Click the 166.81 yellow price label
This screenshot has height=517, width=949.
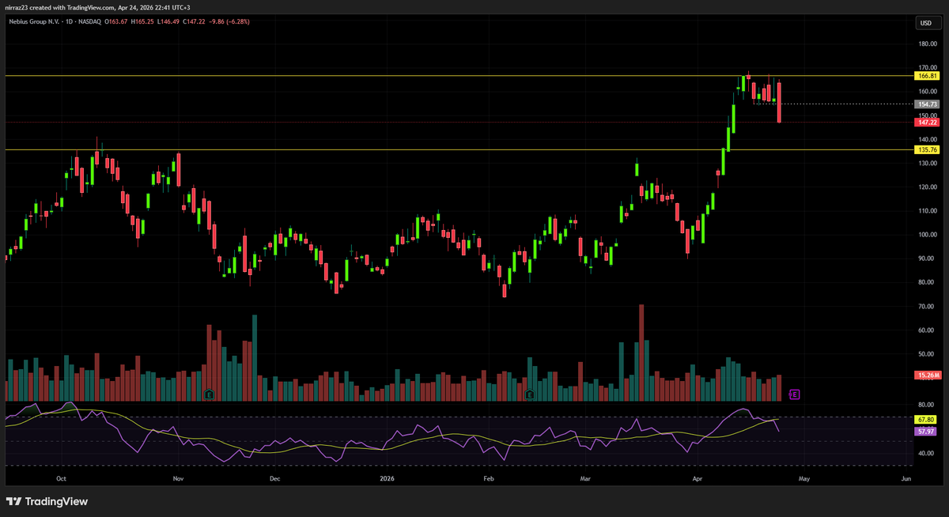(x=927, y=76)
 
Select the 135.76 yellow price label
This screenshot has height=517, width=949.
(x=927, y=149)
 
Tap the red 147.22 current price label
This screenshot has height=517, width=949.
(x=927, y=123)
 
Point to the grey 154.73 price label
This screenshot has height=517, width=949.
(x=927, y=104)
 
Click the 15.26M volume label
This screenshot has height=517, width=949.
(x=927, y=375)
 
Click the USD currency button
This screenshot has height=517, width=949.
(x=924, y=24)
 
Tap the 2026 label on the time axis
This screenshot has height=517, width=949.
(x=388, y=479)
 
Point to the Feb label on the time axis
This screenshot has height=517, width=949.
(x=488, y=479)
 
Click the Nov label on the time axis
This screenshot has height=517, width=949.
(x=177, y=479)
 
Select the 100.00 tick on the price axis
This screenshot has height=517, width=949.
(x=927, y=235)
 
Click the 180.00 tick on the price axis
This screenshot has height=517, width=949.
(x=927, y=44)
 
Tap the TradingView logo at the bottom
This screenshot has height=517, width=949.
(x=47, y=501)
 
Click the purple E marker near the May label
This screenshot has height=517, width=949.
(x=795, y=394)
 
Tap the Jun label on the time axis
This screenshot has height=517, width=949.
(x=906, y=479)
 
